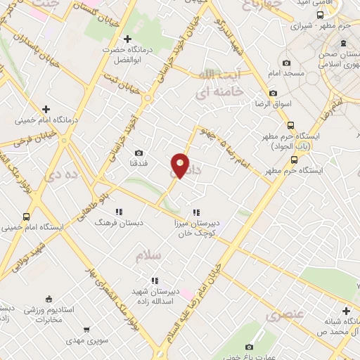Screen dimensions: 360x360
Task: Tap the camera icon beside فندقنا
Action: click(139, 153)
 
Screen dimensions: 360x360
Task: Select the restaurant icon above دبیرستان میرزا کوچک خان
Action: click(197, 212)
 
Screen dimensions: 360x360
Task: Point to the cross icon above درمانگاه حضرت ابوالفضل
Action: click(127, 39)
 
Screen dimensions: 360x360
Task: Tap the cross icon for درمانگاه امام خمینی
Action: click(46, 109)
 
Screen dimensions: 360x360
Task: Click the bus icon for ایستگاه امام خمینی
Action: click(27, 217)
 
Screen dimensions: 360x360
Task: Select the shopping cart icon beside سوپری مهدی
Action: click(86, 328)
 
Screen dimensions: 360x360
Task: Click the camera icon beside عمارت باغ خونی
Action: click(249, 347)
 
